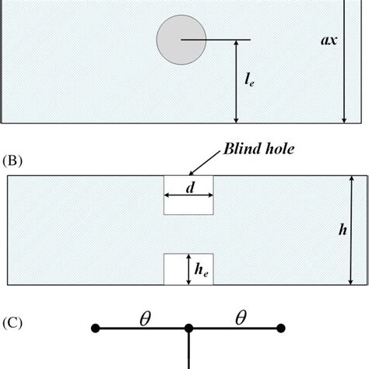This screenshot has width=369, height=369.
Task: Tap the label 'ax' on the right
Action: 329,40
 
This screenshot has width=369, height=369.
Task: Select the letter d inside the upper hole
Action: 188,188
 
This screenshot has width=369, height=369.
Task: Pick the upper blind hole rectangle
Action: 188,195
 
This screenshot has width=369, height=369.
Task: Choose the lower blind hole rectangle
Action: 188,269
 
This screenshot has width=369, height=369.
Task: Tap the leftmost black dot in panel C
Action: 96,329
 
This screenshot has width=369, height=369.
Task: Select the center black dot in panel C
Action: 188,329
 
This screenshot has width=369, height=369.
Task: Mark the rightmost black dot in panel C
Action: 281,329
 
